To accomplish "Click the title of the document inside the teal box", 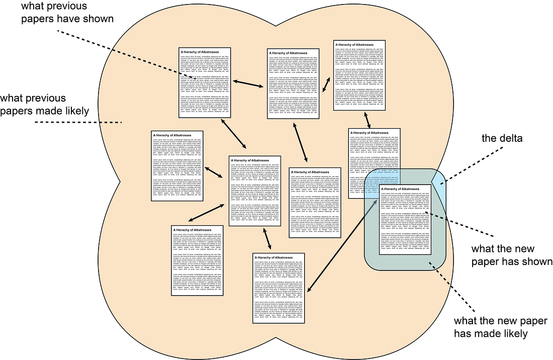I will tap(401, 189).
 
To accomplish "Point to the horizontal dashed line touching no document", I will tap(78, 122).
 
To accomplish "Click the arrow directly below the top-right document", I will tap(368, 119).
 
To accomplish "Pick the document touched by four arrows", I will tap(255, 191).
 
